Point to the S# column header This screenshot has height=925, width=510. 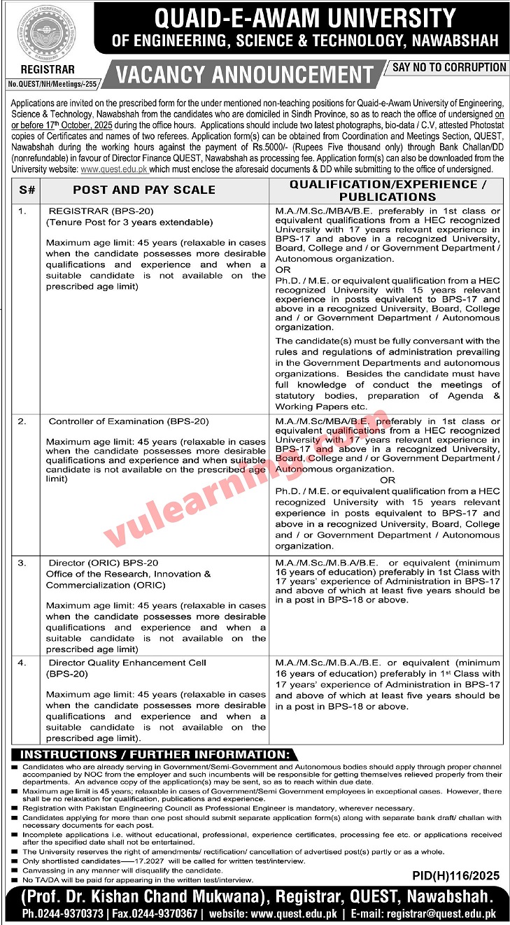point(27,190)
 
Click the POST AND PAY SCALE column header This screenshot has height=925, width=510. point(144,190)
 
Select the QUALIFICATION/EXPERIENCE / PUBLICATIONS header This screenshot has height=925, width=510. point(387,190)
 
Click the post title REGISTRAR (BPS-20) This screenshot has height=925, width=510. point(101,211)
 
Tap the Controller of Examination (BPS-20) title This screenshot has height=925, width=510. point(118,421)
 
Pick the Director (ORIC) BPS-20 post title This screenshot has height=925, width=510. point(104,563)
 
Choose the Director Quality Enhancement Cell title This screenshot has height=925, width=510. point(127,662)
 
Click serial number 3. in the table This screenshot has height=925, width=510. point(22,563)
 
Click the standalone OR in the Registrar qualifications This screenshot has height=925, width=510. point(283,269)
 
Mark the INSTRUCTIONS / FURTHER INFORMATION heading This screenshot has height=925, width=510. point(155,755)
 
